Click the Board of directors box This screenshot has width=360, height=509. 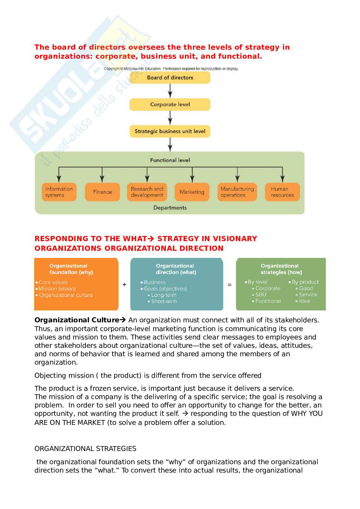170,78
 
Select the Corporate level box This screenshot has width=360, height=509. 170,104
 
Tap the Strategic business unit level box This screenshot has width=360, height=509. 170,131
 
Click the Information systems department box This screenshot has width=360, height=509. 59,192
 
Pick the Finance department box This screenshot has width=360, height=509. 102,192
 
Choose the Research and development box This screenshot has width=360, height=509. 147,192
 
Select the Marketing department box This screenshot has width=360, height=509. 192,192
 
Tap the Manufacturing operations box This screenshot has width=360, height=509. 237,192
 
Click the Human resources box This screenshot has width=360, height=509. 282,192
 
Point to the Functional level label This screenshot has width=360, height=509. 170,160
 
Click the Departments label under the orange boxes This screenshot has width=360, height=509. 170,208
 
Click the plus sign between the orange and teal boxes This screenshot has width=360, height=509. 125,285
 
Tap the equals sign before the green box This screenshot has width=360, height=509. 229,285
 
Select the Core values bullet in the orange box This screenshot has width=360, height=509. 53,282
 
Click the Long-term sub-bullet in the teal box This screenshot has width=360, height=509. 164,295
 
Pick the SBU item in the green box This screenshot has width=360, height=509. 261,295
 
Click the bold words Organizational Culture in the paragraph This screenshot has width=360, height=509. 77,320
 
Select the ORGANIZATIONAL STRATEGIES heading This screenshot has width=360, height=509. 85,449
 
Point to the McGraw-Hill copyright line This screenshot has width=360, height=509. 171,69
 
